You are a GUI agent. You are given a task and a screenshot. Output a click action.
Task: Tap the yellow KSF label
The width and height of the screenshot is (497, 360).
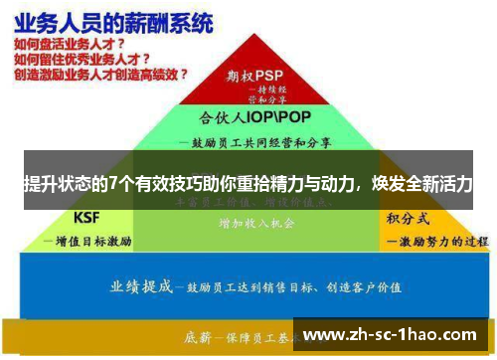[87, 218]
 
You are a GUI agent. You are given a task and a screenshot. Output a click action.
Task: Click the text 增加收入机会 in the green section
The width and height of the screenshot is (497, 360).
[255, 225]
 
